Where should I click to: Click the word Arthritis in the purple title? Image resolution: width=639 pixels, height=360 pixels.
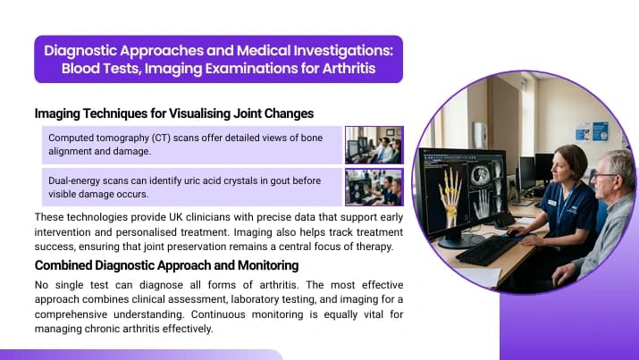click(349, 68)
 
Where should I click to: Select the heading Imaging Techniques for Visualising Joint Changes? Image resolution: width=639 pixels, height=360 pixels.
click(174, 113)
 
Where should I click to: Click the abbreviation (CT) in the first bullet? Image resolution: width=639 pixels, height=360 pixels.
click(161, 138)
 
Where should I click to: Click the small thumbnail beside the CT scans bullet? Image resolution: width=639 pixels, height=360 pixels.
click(374, 145)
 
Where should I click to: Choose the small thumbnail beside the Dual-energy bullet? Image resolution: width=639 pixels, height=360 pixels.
click(374, 188)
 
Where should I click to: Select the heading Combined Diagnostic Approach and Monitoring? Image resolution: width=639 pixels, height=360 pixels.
click(167, 265)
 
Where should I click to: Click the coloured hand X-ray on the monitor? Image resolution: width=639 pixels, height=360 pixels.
click(450, 197)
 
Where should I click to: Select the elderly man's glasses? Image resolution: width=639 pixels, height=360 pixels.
click(605, 175)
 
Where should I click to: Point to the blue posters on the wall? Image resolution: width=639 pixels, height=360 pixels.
click(593, 132)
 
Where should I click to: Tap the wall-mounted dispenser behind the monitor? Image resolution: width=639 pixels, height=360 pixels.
click(479, 135)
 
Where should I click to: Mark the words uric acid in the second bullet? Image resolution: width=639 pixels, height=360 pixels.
click(203, 180)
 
